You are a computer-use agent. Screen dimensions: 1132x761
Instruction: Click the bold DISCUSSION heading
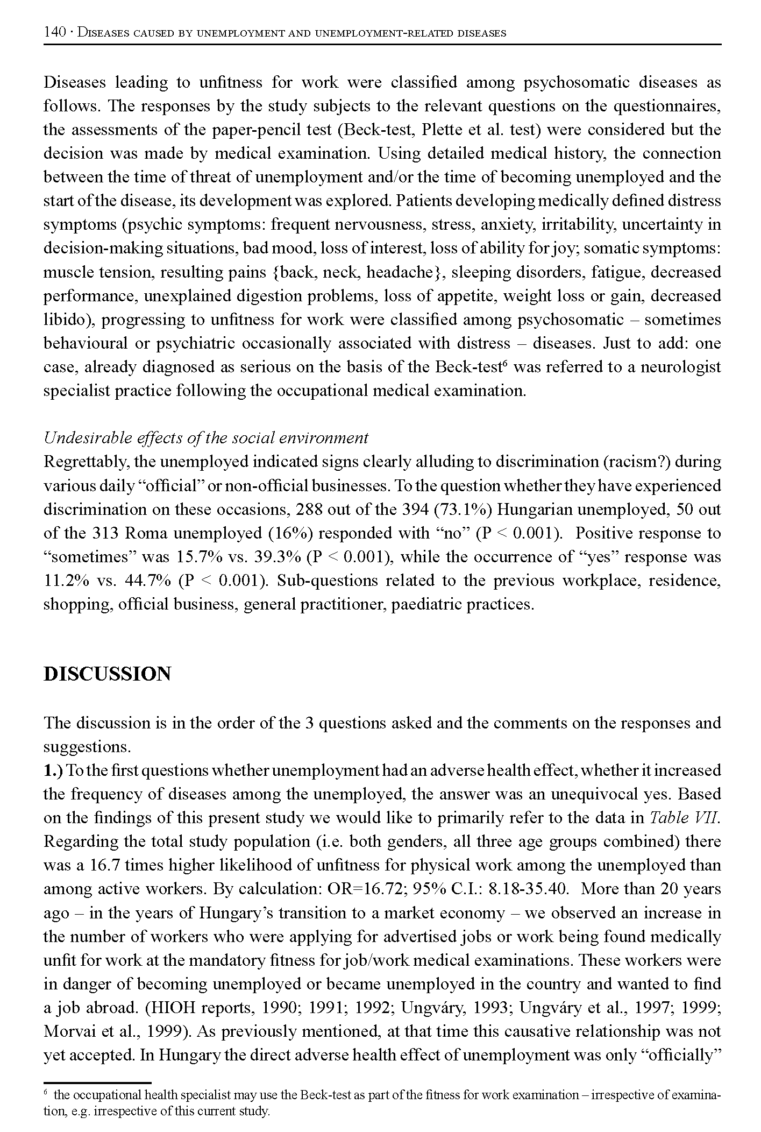click(x=107, y=674)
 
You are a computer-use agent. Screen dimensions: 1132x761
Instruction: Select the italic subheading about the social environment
click(x=206, y=438)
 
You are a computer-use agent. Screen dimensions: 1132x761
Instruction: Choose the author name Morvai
click(x=70, y=1031)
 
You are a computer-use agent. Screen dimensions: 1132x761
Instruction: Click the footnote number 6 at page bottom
click(x=46, y=1092)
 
